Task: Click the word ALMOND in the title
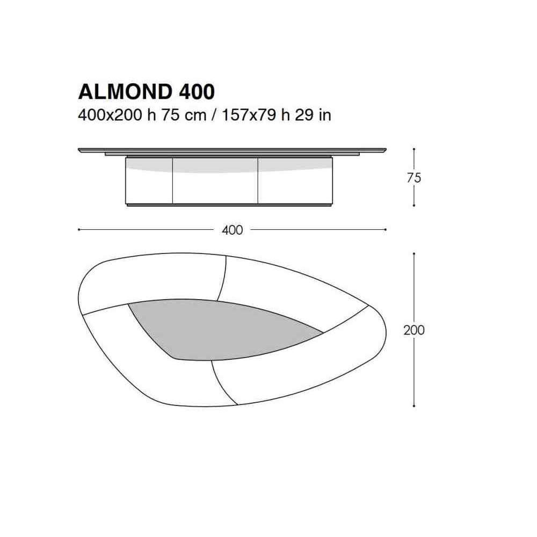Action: pyautogui.click(x=125, y=92)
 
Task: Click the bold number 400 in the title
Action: pyautogui.click(x=197, y=92)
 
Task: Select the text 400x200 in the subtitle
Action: pyautogui.click(x=110, y=115)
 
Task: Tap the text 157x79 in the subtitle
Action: pyautogui.click(x=249, y=115)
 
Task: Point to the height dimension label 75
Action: pyautogui.click(x=413, y=178)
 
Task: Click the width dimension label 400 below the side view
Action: pyautogui.click(x=232, y=230)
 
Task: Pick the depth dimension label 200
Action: pyautogui.click(x=413, y=330)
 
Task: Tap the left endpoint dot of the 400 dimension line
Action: pyautogui.click(x=79, y=229)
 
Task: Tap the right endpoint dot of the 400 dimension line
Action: pyautogui.click(x=386, y=229)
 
